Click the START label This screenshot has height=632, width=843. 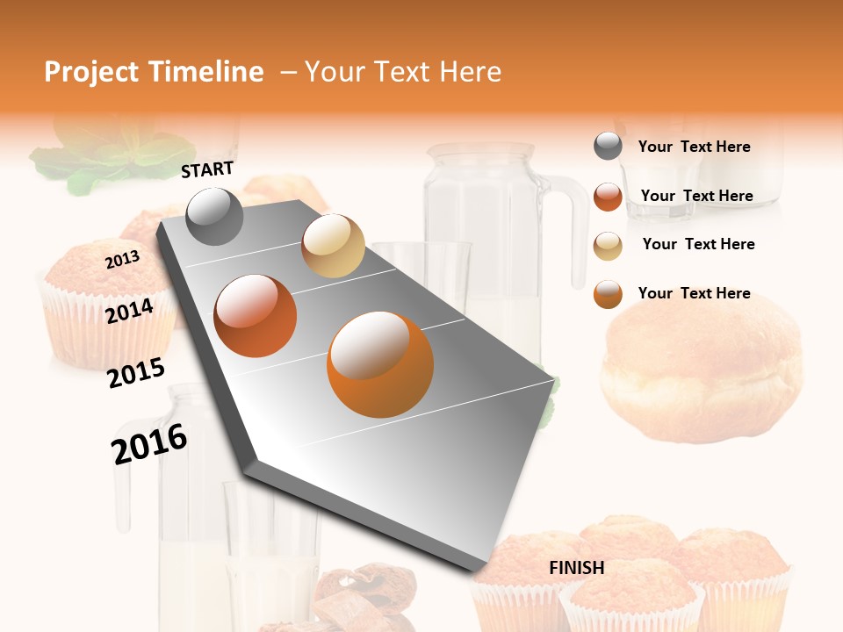click(207, 169)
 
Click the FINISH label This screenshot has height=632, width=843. click(576, 568)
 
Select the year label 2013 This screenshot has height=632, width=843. click(122, 260)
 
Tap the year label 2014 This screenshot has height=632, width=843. click(129, 311)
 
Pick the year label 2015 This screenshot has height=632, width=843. click(135, 373)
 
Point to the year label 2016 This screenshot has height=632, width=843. click(149, 443)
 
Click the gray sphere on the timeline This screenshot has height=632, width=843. click(214, 216)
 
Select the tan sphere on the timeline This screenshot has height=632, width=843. click(333, 246)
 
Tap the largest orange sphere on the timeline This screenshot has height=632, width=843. click(380, 363)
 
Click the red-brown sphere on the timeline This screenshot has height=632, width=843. click(256, 315)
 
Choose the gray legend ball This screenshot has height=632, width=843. click(608, 147)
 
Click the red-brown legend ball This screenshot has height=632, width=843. click(608, 197)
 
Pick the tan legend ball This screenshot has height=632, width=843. click(608, 245)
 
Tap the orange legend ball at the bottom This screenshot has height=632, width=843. click(608, 294)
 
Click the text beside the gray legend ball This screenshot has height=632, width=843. click(694, 147)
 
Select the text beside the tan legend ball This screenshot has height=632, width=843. click(698, 244)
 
